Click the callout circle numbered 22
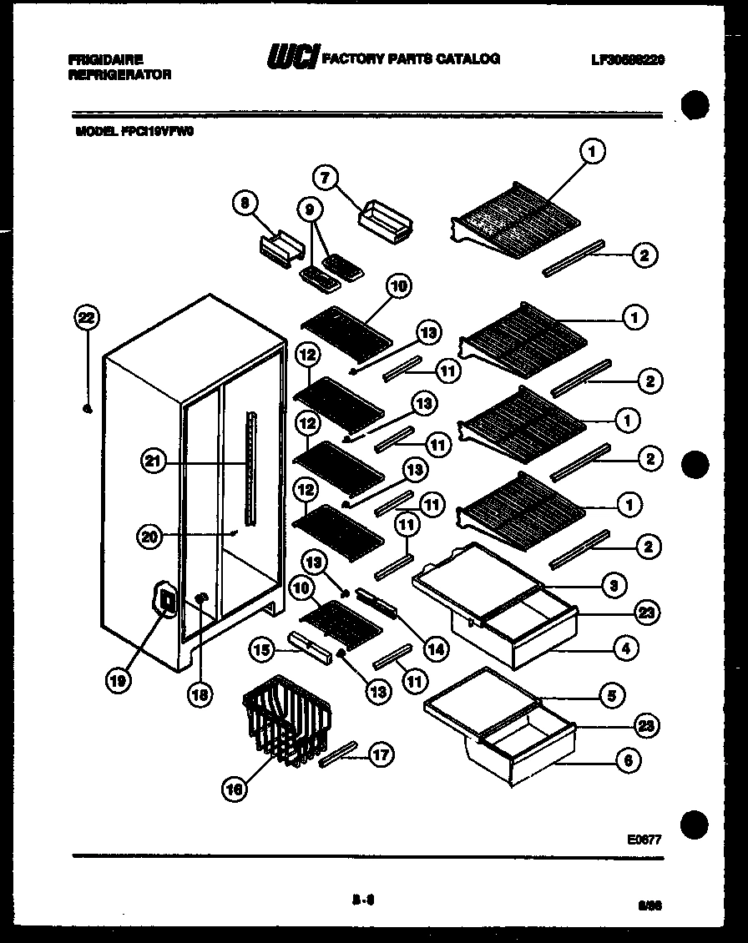pos(86,317)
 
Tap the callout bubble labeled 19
pos(119,681)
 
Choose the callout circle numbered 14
pos(435,646)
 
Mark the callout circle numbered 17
pos(382,755)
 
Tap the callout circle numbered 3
pos(614,586)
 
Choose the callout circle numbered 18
pos(200,693)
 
